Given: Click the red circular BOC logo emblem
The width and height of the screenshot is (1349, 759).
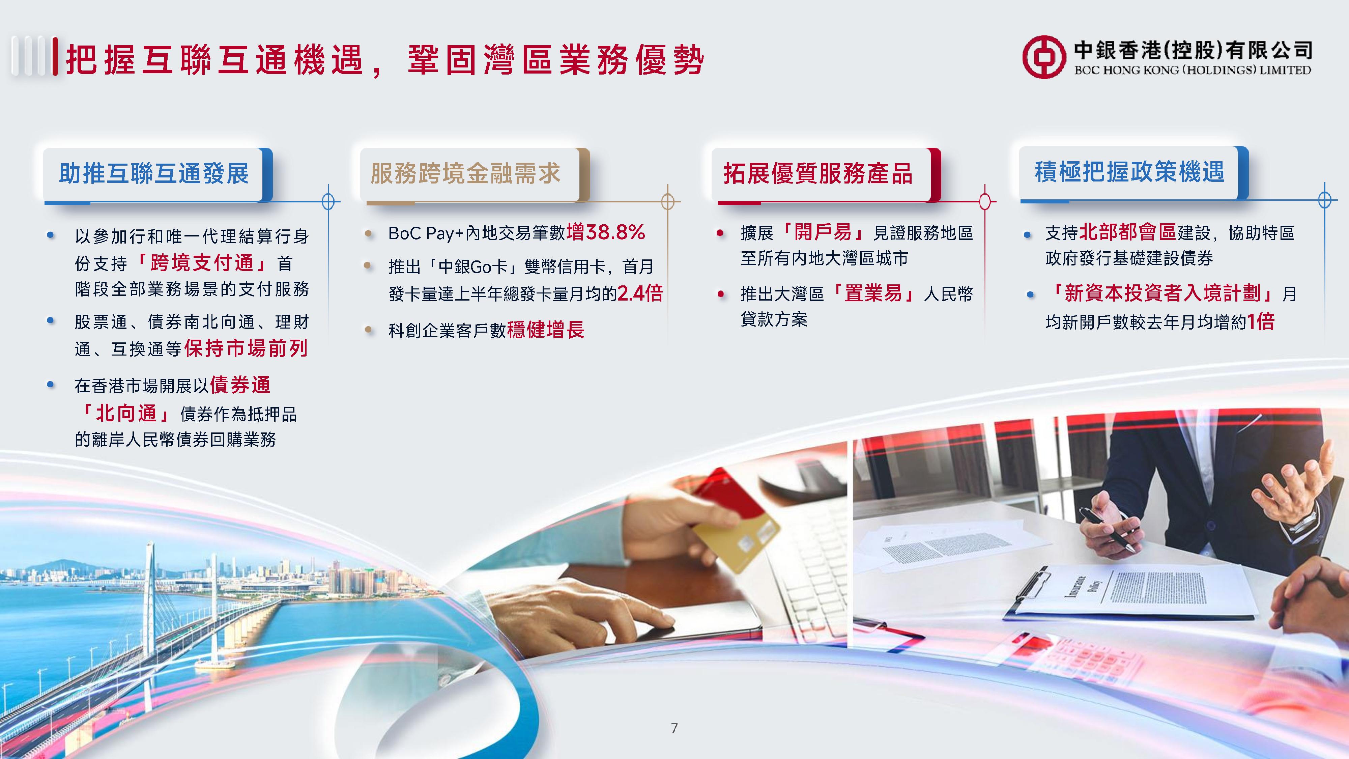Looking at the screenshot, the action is pos(1044,57).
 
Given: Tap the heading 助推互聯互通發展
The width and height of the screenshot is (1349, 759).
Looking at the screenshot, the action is pos(154,173).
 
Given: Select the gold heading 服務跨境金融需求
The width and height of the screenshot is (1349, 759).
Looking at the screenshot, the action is pos(465,173).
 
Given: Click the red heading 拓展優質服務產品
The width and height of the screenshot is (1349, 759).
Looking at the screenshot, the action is pos(818,173).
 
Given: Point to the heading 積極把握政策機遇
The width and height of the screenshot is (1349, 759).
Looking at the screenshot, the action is pos(1129,172).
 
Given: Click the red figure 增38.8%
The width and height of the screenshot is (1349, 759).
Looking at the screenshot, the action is pos(606,232).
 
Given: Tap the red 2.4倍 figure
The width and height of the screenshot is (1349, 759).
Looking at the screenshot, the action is pos(640,293).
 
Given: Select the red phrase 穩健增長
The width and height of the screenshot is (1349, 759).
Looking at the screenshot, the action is pos(546,330).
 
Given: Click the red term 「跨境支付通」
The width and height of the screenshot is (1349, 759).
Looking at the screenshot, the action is pos(202,263).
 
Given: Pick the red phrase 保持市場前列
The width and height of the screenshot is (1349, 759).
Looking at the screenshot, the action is pos(246,348).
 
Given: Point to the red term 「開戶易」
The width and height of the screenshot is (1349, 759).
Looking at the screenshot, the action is pos(823,232).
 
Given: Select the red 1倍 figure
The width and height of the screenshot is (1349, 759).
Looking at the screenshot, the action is pos(1261,321).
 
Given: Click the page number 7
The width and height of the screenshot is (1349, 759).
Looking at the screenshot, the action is pos(674,728).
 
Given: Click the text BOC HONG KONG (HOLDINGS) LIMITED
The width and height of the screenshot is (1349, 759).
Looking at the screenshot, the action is pos(1193,70).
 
